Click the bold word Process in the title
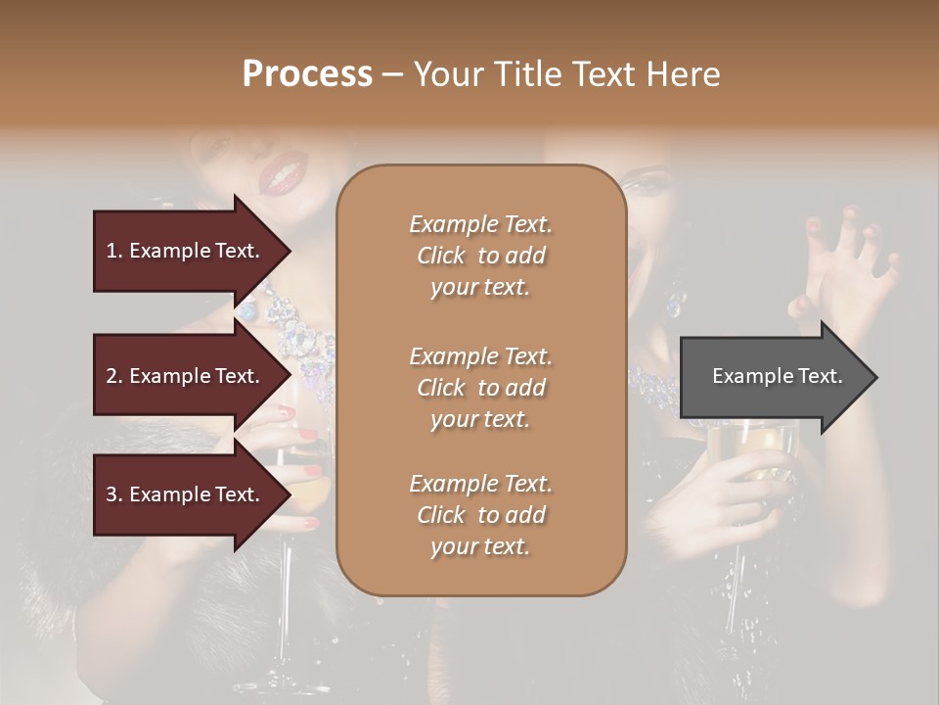307,74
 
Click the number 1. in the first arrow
114,251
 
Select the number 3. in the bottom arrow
114,494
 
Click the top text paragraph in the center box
480,256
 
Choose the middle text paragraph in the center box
480,388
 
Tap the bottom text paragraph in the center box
480,515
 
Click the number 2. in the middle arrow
114,376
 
